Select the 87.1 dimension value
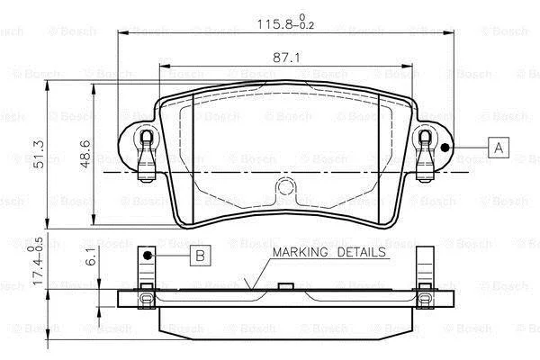(x=286, y=58)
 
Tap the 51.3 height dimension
(x=39, y=154)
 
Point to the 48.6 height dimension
(x=85, y=154)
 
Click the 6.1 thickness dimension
(x=91, y=257)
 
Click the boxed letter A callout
(x=499, y=148)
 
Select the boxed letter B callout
(x=200, y=256)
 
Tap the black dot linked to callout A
(x=445, y=148)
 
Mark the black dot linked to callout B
(x=148, y=256)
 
